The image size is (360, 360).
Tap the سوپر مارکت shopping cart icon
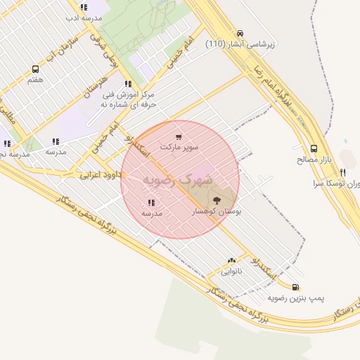[x=179, y=137]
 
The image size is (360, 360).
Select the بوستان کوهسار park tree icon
[x=216, y=201]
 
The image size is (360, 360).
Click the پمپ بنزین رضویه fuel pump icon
[x=295, y=287]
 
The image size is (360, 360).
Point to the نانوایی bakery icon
[x=231, y=260]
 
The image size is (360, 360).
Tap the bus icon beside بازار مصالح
[x=314, y=149]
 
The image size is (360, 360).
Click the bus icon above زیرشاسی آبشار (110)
[x=241, y=33]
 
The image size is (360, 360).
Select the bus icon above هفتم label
[x=35, y=70]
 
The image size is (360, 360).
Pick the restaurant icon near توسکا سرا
[x=342, y=172]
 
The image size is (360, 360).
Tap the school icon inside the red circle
[x=152, y=202]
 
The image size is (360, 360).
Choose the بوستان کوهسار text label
[x=216, y=212]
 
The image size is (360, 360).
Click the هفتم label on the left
[x=35, y=81]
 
